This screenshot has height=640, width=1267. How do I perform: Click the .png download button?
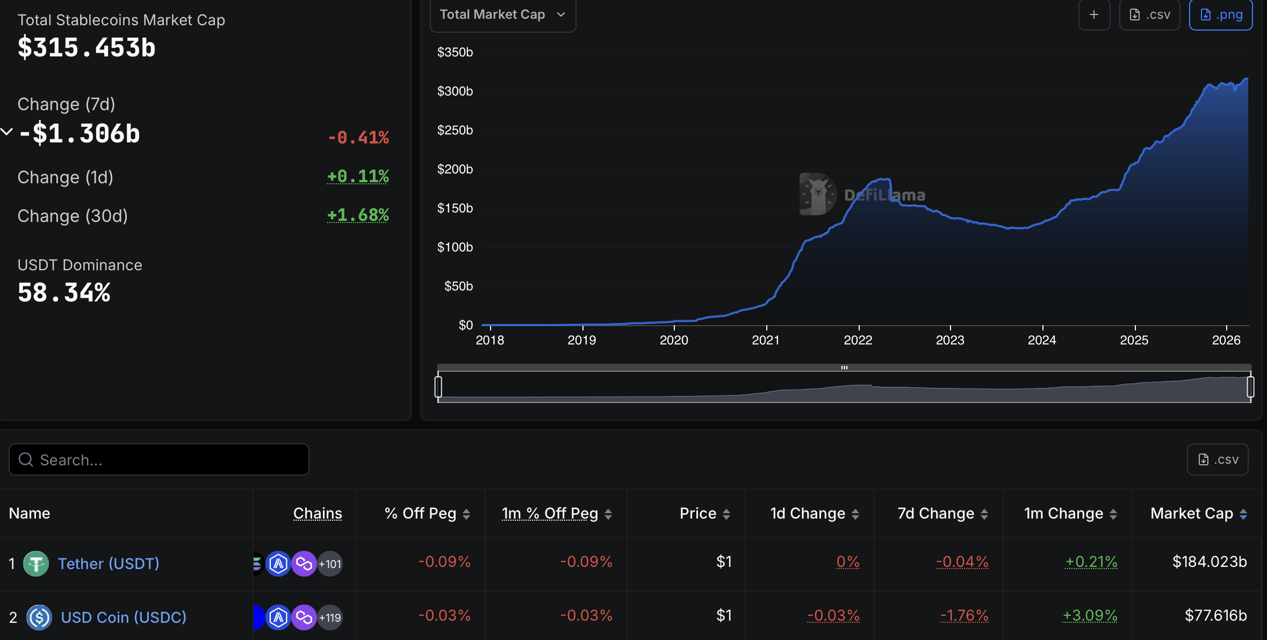[x=1220, y=15]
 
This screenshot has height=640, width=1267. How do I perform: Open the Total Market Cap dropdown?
[x=502, y=15]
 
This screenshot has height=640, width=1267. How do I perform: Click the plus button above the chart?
[x=1094, y=15]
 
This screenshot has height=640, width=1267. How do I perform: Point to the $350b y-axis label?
[x=455, y=52]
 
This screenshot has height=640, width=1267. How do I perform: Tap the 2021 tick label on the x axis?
[x=766, y=340]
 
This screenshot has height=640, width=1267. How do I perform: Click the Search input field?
[x=159, y=459]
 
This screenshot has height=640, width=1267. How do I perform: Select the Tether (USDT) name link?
[x=109, y=564]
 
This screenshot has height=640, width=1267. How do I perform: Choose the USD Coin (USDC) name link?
[x=124, y=617]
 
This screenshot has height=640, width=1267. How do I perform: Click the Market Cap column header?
[x=1192, y=514]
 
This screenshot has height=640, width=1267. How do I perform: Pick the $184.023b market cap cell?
[x=1209, y=562]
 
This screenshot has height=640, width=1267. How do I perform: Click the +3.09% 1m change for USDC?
[x=1090, y=616]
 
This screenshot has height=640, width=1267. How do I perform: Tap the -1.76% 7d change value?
[x=964, y=616]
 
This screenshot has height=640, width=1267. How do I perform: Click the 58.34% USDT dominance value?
[x=64, y=293]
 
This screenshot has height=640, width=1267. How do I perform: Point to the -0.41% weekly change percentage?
[x=358, y=138]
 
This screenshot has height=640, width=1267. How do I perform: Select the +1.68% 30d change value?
[x=358, y=215]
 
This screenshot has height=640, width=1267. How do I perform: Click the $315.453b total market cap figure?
[x=87, y=48]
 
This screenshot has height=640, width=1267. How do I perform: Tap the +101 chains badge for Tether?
[x=330, y=564]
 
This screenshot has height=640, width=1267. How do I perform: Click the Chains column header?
[x=318, y=514]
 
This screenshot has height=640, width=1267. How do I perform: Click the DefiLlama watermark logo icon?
[x=817, y=194]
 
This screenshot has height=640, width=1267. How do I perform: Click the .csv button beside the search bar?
[x=1218, y=459]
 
